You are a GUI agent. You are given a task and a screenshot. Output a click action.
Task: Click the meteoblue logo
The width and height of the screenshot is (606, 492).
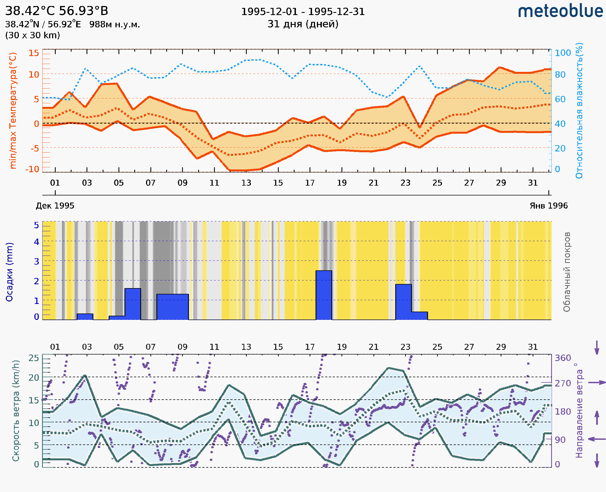tap(560, 11)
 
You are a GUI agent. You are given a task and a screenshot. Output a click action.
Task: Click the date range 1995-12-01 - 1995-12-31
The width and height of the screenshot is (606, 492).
tap(303, 12)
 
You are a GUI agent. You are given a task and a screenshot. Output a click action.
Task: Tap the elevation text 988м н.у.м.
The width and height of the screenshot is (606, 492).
tap(114, 25)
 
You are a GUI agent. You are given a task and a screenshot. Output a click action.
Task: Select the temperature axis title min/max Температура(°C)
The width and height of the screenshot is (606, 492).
tap(13, 110)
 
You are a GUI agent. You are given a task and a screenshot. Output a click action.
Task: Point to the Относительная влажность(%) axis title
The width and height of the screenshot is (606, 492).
tap(579, 110)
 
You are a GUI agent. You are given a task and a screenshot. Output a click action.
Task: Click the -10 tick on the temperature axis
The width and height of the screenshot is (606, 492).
tap(32, 169)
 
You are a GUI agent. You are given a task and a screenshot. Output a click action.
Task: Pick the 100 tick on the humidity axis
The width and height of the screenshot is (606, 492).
tap(563, 53)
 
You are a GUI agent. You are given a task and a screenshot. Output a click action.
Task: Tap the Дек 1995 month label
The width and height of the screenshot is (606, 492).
tap(55, 206)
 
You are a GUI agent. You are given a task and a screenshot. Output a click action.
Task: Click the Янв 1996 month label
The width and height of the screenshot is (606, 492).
tap(549, 206)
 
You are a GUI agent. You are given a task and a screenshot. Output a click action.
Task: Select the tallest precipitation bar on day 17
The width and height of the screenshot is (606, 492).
tap(323, 295)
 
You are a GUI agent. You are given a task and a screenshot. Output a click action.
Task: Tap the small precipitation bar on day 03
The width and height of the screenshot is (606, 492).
tap(85, 317)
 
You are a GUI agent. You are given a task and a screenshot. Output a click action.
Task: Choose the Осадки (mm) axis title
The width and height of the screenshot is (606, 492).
tap(9, 272)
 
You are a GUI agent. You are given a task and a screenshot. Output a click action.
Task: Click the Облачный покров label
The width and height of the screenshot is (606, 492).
tap(566, 272)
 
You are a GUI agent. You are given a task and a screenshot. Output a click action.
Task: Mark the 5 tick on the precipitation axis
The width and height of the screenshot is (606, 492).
tap(37, 225)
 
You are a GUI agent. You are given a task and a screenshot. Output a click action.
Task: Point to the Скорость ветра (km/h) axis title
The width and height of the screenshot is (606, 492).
tap(16, 411)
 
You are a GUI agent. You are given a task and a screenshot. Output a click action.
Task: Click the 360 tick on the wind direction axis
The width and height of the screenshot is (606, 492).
tap(563, 358)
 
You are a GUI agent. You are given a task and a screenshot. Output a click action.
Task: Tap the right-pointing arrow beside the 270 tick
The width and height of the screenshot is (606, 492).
tap(597, 383)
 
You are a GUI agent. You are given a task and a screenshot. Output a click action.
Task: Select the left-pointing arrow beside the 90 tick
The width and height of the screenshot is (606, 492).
tap(597, 439)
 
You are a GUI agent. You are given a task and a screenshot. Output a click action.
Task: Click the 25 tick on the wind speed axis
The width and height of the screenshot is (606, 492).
tap(34, 358)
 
